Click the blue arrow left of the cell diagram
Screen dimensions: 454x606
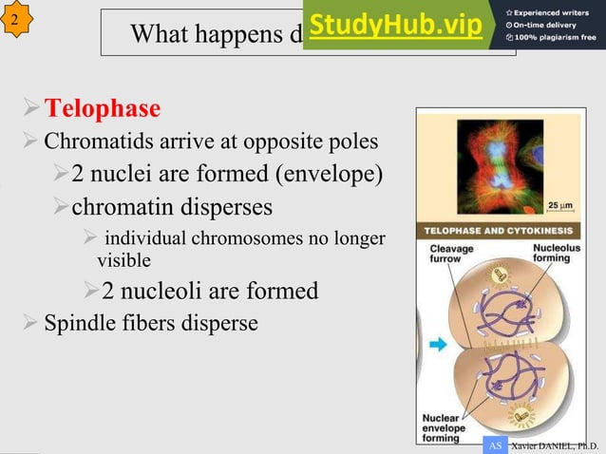[x=437, y=346]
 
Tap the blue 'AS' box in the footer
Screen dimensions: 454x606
[x=494, y=445]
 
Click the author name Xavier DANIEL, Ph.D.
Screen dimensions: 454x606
[x=555, y=445]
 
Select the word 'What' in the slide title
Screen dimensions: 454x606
[x=159, y=35]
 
